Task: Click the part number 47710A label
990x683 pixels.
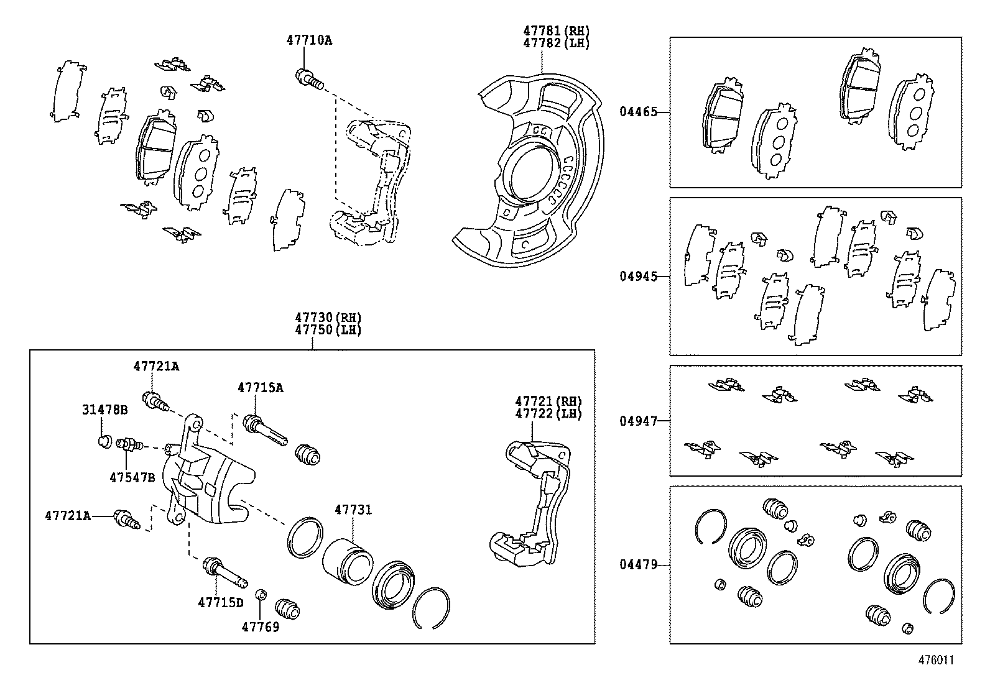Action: [x=309, y=41]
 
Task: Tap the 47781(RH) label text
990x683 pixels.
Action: [x=555, y=31]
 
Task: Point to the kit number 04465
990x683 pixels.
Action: [x=637, y=112]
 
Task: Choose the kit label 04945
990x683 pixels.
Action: [x=637, y=277]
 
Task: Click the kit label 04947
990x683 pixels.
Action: [x=637, y=421]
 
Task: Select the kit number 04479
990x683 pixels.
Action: [x=637, y=565]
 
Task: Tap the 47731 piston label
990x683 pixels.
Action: [x=353, y=510]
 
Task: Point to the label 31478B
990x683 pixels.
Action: [x=104, y=410]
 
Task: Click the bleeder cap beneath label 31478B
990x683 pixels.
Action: [x=104, y=441]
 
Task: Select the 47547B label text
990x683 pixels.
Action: [x=132, y=477]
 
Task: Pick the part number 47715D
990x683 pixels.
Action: [x=221, y=602]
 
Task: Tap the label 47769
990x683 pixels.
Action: [x=260, y=626]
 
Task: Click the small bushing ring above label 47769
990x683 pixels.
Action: [x=262, y=595]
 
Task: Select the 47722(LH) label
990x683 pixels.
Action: [x=547, y=414]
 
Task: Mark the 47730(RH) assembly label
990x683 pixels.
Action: [x=328, y=318]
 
